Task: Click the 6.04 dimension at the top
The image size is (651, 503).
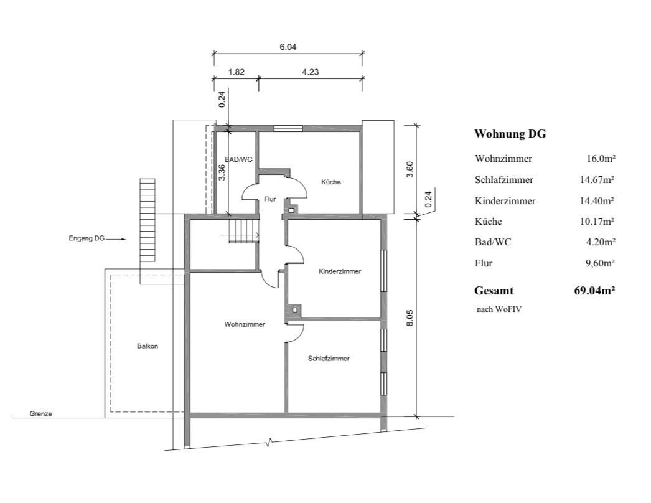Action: point(288,47)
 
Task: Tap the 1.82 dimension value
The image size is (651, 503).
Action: point(237,72)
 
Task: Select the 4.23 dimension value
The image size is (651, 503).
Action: point(310,72)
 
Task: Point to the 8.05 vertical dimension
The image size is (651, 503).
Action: point(410,317)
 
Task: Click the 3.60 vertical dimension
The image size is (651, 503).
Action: point(410,169)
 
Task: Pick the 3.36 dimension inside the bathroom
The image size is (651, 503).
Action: point(222,172)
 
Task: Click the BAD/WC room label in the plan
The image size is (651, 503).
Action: point(238,159)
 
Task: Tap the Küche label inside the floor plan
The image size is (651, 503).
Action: point(331,182)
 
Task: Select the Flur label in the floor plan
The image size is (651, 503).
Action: point(270,199)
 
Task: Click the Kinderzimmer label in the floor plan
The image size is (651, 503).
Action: point(340,271)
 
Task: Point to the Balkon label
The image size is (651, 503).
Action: point(148,346)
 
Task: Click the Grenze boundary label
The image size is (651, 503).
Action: point(40,414)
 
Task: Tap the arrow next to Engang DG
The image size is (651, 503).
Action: point(116,239)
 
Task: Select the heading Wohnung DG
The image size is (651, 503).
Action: point(510,134)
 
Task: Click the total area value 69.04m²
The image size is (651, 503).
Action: point(594,291)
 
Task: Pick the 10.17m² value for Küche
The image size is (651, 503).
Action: point(597,222)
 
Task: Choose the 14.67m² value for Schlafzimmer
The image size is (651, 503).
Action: point(597,179)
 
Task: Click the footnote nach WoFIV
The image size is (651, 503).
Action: point(499,309)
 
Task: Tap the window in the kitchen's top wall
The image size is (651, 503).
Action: point(288,128)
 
